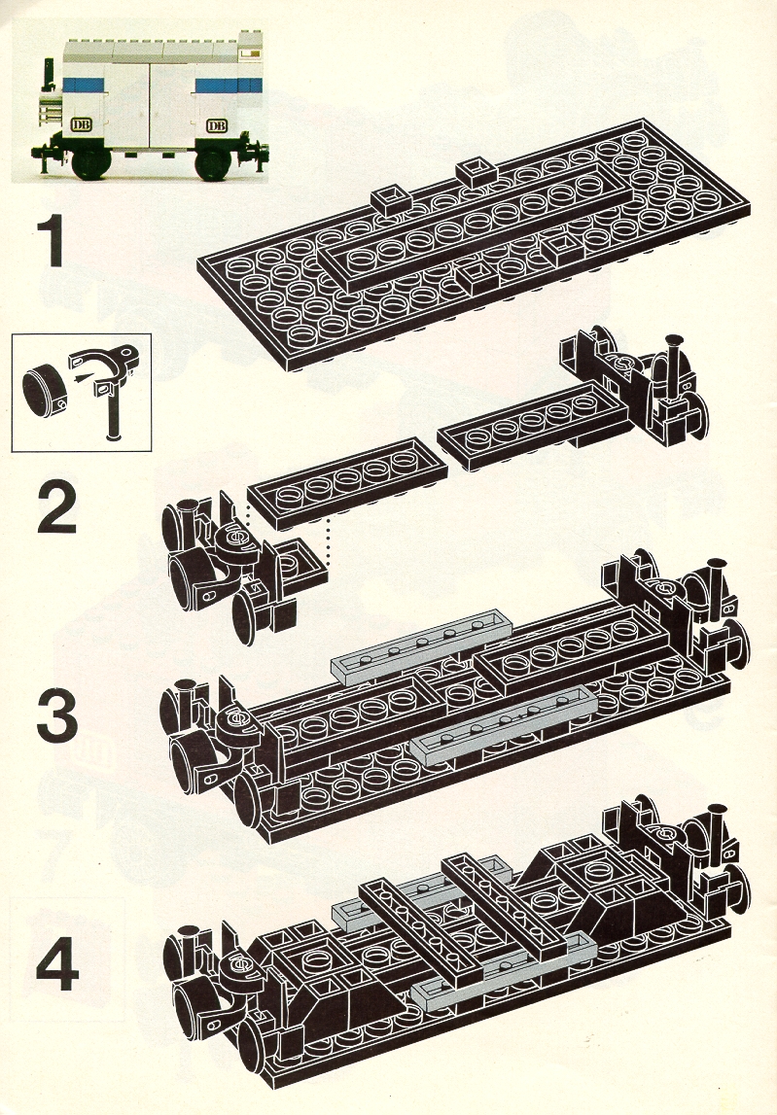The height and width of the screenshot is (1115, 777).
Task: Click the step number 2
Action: tap(57, 506)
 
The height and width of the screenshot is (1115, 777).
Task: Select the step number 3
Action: tap(57, 713)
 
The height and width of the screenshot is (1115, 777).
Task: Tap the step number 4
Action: tap(57, 964)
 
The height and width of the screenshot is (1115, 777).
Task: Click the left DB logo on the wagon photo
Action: tap(80, 125)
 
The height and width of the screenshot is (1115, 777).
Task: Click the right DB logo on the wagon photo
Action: tap(216, 125)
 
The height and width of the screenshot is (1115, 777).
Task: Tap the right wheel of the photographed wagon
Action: tap(213, 163)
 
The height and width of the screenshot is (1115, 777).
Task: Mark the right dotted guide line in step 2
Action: tap(328, 544)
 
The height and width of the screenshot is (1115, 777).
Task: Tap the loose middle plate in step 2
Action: tap(348, 483)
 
